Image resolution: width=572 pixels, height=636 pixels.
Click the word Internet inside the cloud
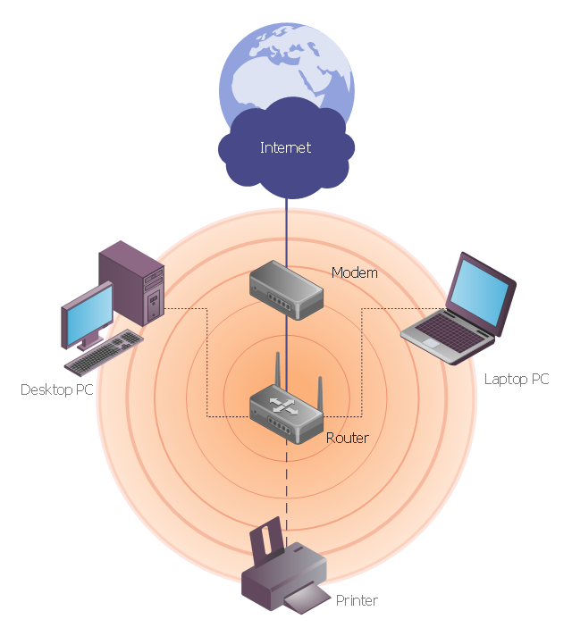click(x=285, y=147)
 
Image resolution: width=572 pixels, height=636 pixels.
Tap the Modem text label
click(x=354, y=272)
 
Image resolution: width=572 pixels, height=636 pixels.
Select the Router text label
click(x=348, y=438)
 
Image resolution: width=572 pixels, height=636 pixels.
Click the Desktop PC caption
click(x=57, y=389)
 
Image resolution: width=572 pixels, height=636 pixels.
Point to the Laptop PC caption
click(x=516, y=379)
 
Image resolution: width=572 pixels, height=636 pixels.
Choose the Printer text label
click(x=357, y=600)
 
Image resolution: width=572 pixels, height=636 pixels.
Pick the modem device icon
click(x=285, y=290)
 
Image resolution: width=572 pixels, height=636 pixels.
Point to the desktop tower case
click(x=132, y=281)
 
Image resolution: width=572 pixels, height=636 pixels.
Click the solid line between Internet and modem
click(x=286, y=228)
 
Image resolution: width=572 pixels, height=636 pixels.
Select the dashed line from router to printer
click(x=286, y=482)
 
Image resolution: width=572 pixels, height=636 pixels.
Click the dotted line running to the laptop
click(x=361, y=357)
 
